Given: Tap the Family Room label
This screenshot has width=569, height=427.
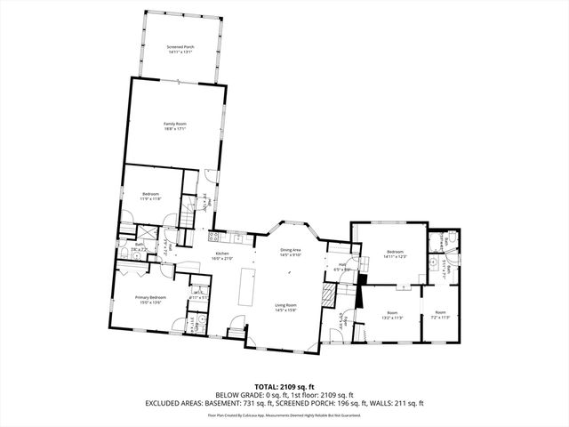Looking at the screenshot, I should pyautogui.click(x=174, y=125).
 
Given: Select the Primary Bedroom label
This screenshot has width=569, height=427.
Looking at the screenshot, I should pyautogui.click(x=150, y=299).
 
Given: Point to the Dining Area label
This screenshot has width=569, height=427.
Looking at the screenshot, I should pyautogui.click(x=291, y=252).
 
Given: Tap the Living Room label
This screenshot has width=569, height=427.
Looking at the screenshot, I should pyautogui.click(x=284, y=307).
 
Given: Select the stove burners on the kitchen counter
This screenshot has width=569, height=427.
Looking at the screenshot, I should pyautogui.click(x=213, y=237).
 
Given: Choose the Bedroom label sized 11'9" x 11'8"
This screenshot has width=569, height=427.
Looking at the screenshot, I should pyautogui.click(x=150, y=196).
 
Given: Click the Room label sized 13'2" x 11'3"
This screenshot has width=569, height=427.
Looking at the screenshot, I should pyautogui.click(x=392, y=315).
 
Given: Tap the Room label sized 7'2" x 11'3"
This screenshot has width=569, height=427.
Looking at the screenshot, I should pyautogui.click(x=440, y=315).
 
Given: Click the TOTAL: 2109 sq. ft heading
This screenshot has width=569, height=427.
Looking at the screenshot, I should pyautogui.click(x=284, y=387).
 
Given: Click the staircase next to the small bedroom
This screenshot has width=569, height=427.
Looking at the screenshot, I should pyautogui.click(x=187, y=217).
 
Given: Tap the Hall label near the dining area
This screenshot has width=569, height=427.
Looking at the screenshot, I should pyautogui.click(x=342, y=265).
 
